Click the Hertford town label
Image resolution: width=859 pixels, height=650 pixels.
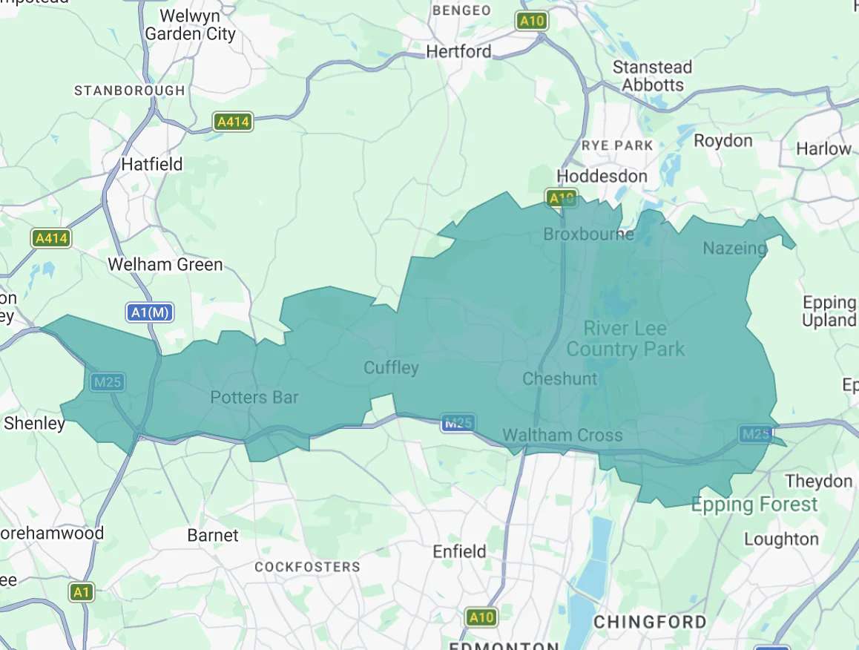click(x=458, y=51)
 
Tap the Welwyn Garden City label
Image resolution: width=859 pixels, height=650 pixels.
click(x=190, y=24)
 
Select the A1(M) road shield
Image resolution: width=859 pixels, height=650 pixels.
click(x=150, y=312)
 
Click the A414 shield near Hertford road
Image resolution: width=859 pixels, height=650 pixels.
click(x=233, y=122)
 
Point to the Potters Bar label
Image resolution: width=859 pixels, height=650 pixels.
click(x=254, y=397)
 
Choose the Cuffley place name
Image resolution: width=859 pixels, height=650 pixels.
click(x=391, y=367)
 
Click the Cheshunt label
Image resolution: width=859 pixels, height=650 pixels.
click(x=559, y=378)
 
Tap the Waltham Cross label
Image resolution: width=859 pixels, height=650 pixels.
click(x=562, y=435)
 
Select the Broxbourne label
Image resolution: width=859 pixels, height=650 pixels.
click(x=588, y=234)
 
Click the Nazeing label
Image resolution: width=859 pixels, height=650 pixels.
click(x=734, y=248)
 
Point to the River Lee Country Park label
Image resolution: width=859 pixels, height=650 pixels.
click(x=625, y=338)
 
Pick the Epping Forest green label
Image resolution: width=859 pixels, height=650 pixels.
click(x=754, y=505)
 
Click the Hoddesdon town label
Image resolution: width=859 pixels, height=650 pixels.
click(x=602, y=176)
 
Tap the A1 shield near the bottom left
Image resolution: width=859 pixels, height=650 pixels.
click(x=82, y=592)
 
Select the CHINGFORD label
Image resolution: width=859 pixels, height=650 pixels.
click(x=650, y=621)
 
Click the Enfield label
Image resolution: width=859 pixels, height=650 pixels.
click(x=459, y=551)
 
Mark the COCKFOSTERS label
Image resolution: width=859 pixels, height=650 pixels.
click(x=307, y=567)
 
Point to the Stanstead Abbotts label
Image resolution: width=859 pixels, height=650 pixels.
click(x=652, y=76)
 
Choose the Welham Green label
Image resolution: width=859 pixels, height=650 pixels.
click(x=165, y=264)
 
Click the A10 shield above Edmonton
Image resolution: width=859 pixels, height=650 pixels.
click(x=481, y=617)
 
